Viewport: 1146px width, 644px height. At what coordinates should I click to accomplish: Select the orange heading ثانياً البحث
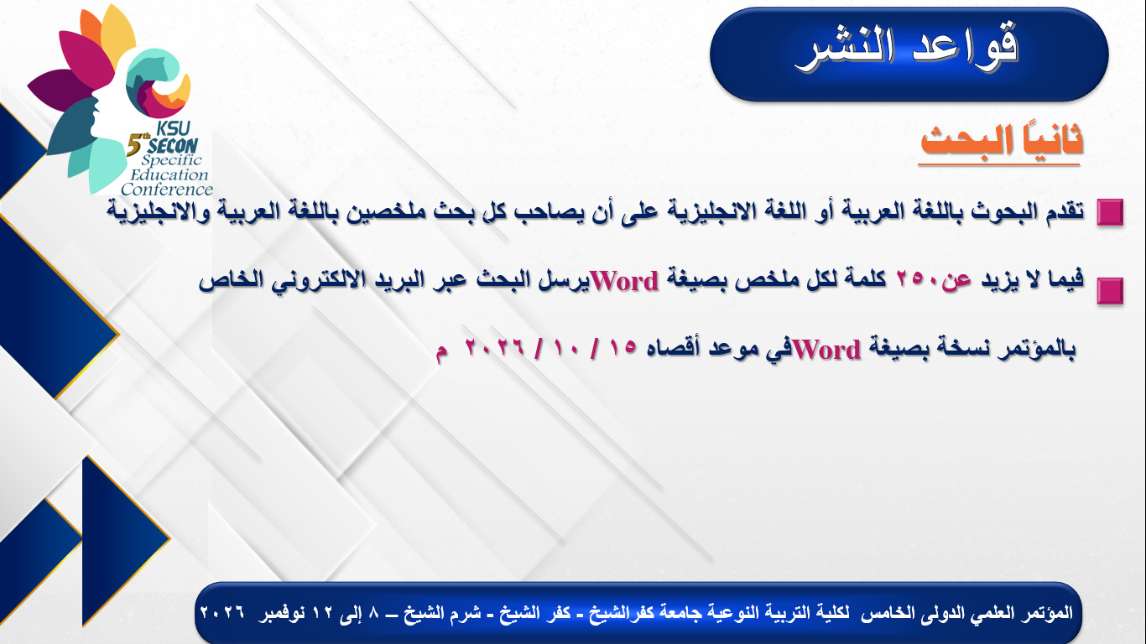click(x=1001, y=141)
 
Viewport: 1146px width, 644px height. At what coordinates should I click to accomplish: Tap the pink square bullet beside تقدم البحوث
click(x=1110, y=212)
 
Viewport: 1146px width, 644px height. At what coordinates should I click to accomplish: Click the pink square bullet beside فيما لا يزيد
click(x=1110, y=291)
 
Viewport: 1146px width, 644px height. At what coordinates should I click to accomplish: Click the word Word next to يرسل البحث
click(x=625, y=282)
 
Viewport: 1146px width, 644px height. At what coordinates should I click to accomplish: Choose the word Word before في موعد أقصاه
click(x=826, y=350)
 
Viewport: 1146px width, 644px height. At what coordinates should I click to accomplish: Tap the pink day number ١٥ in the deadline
click(x=622, y=348)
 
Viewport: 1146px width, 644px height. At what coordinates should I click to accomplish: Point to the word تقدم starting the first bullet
click(x=1064, y=210)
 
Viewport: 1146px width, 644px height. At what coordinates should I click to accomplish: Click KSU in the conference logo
click(x=173, y=128)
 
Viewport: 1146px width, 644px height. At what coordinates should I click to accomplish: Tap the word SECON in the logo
click(x=173, y=146)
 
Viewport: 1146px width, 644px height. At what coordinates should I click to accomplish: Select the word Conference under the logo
click(x=167, y=190)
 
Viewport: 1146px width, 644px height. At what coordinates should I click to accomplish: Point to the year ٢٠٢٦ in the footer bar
click(x=222, y=612)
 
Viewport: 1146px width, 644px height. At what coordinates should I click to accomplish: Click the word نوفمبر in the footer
click(x=281, y=613)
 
